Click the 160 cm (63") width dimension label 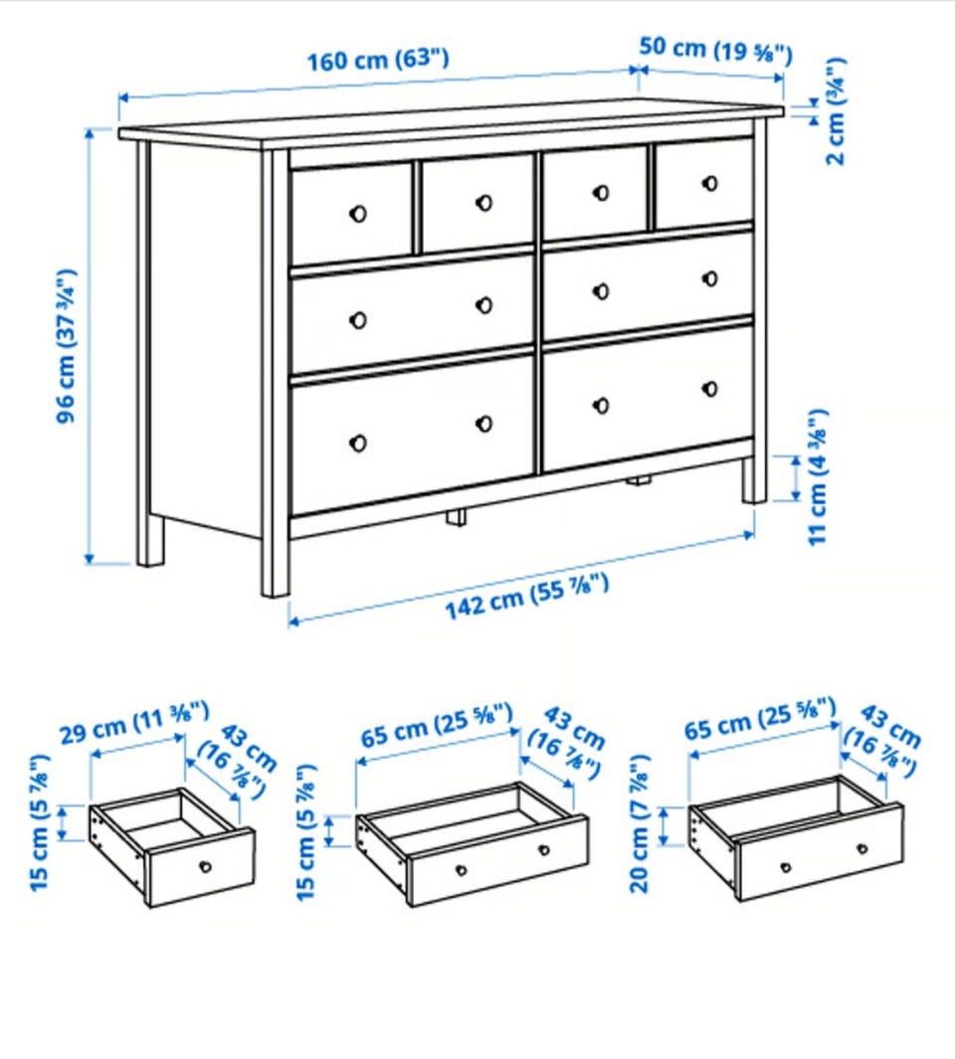[x=378, y=60]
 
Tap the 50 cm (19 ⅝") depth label [x=715, y=50]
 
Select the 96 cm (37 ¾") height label [x=67, y=346]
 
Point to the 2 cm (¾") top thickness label [x=836, y=111]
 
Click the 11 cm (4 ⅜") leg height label [x=818, y=477]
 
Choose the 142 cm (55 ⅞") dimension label [x=527, y=596]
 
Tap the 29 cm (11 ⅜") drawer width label [x=134, y=722]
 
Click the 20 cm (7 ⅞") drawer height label [x=640, y=823]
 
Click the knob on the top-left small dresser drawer [x=358, y=214]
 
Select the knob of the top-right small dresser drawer [x=709, y=183]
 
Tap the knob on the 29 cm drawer [x=206, y=866]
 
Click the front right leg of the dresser [x=755, y=480]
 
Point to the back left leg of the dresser [x=150, y=540]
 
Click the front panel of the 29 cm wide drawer [x=201, y=867]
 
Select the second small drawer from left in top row [x=477, y=203]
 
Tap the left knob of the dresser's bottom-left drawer [x=358, y=443]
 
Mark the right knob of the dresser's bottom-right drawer [x=709, y=389]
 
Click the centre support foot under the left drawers [x=456, y=517]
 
